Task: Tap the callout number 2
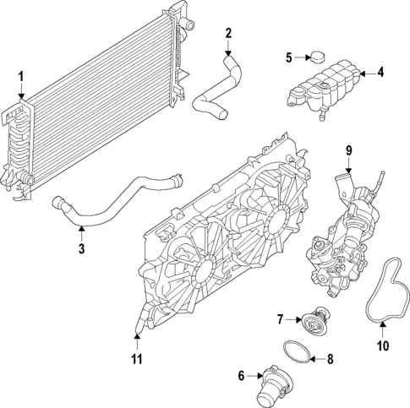[228, 33]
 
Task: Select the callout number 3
[81, 248]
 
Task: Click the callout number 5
[288, 57]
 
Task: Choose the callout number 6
[242, 375]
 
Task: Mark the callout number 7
[280, 319]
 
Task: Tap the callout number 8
[330, 358]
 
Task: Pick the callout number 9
[347, 151]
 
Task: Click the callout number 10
[381, 345]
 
